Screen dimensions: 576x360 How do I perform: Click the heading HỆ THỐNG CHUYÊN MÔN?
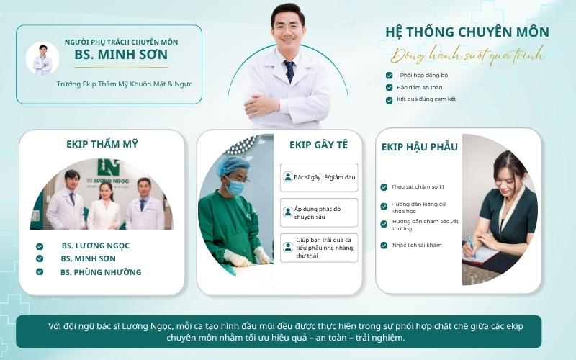point(467,32)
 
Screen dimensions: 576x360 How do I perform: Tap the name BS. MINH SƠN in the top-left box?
point(121,55)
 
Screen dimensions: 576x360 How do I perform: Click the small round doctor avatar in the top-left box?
point(42,59)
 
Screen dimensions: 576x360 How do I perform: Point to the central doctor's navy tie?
point(289,71)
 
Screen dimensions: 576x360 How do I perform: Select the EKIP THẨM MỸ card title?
point(102,144)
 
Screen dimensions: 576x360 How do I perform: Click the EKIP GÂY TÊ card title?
point(318,145)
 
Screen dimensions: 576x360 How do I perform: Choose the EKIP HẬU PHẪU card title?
point(420,147)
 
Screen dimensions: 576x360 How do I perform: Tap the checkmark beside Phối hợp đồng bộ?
point(389,76)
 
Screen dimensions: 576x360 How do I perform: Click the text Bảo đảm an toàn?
point(420,87)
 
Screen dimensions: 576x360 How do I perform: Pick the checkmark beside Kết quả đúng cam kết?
point(389,100)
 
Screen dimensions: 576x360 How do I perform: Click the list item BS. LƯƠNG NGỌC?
point(96,246)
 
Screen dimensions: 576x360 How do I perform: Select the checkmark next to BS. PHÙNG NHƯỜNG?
point(40,272)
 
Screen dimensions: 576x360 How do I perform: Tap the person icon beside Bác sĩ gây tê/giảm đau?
point(287,177)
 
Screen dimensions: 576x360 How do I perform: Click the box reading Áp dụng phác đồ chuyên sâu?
point(319,212)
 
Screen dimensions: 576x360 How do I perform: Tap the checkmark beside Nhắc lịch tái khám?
point(384,245)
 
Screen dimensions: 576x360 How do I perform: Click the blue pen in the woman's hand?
point(472,246)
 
